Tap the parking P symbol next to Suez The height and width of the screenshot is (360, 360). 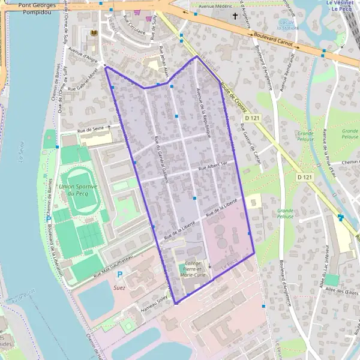click(119, 274)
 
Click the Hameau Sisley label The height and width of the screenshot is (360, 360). click(154, 301)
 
